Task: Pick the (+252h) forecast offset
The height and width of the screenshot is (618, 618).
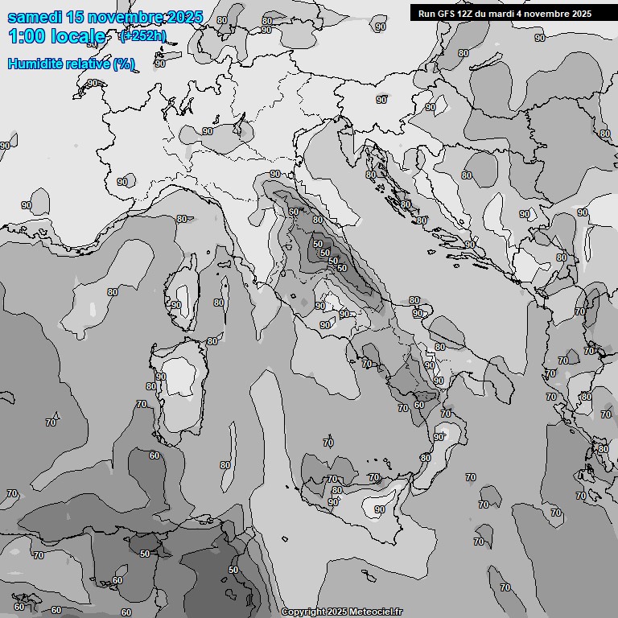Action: pos(142,36)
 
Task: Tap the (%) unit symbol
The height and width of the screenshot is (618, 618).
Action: pos(124,64)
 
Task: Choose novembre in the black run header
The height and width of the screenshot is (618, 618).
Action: pos(550,14)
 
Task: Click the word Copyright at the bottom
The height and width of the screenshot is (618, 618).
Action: pos(303,612)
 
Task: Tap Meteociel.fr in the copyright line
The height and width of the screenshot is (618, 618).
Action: pos(376,612)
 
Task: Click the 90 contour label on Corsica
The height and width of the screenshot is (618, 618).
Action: pos(175,305)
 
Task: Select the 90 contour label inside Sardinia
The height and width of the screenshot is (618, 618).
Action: pos(161,377)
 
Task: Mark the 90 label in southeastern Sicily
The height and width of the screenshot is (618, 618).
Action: pos(379,509)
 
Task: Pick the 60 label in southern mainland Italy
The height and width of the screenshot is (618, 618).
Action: pos(419,405)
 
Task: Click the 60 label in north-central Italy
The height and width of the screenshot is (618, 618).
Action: pos(294,212)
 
